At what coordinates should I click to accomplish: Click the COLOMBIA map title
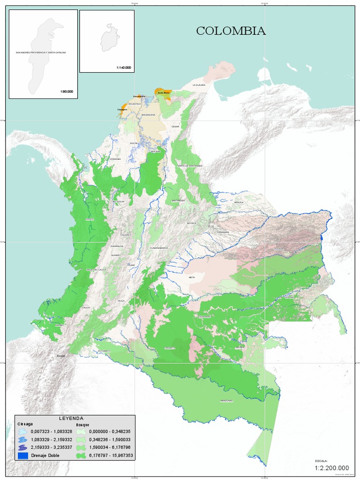tap(231, 31)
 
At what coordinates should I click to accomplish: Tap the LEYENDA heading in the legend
tap(71, 418)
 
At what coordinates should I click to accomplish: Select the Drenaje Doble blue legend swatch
tap(23, 455)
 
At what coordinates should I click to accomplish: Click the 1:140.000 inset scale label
tap(123, 68)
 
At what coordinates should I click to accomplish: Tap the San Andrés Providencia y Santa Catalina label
tap(41, 52)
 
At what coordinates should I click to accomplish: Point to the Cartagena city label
tap(122, 109)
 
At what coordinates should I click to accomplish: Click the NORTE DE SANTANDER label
tap(189, 165)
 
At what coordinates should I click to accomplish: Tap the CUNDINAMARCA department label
tap(159, 247)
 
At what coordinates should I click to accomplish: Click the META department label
tap(192, 277)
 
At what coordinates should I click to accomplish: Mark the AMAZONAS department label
tap(226, 401)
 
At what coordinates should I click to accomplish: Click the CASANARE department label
tap(223, 232)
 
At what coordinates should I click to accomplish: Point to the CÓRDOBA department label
tap(115, 159)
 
